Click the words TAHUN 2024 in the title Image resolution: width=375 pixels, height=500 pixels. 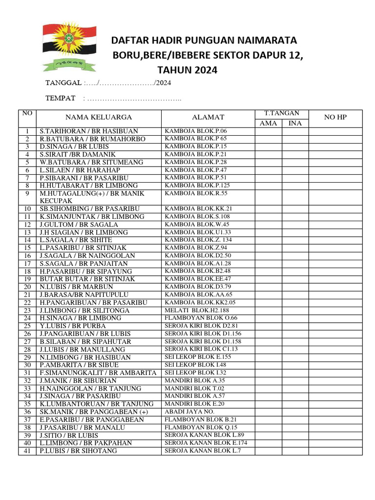(x=187, y=70)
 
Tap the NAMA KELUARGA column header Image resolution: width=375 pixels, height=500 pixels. (x=99, y=117)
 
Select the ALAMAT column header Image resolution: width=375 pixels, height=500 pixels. (x=208, y=117)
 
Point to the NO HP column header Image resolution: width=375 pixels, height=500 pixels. (x=335, y=117)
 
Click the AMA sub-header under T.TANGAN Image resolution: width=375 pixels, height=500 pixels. (x=268, y=123)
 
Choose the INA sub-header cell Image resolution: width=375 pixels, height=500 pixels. (x=295, y=123)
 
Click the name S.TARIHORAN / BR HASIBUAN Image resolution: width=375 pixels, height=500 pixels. (x=89, y=131)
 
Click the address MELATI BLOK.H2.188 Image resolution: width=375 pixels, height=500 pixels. (x=197, y=310)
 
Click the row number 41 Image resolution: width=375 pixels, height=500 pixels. (x=27, y=451)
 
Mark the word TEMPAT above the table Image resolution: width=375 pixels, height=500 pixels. (x=61, y=98)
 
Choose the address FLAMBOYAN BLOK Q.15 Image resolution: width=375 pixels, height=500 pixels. (x=201, y=427)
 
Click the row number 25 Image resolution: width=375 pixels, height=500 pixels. (x=27, y=326)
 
